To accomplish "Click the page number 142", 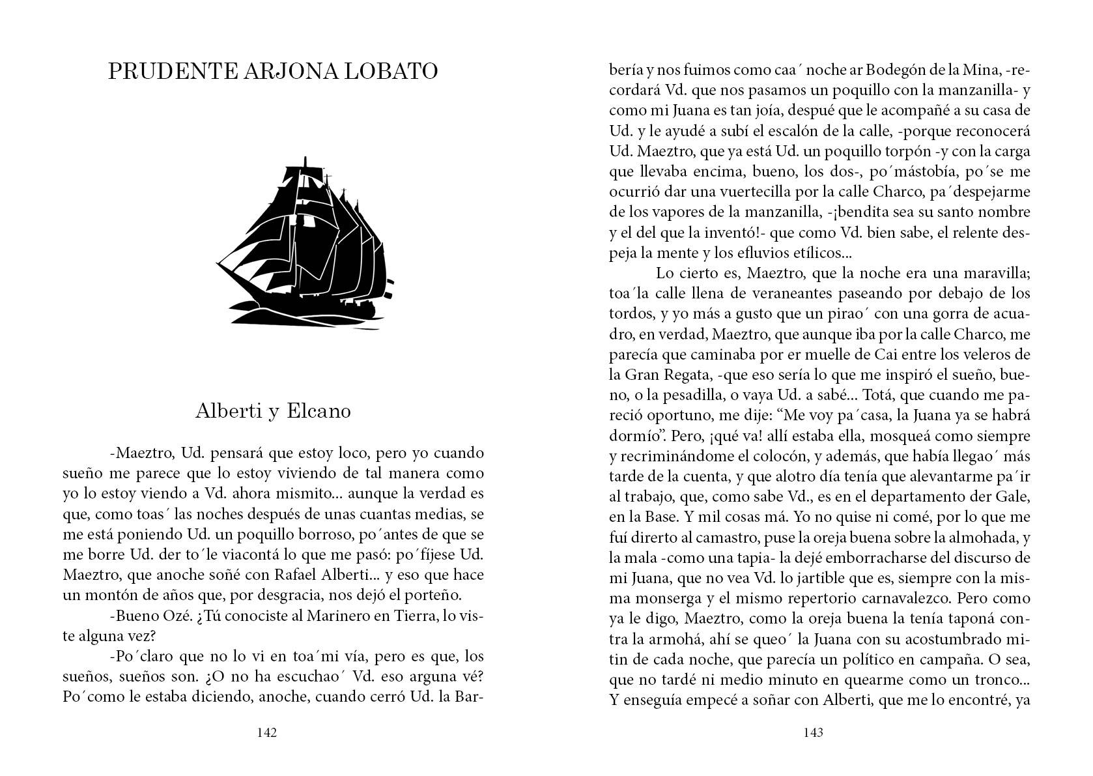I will pos(268,733).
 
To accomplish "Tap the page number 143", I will pos(814,733).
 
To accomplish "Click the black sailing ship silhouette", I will pos(306,241).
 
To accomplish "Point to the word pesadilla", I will pos(677,395).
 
